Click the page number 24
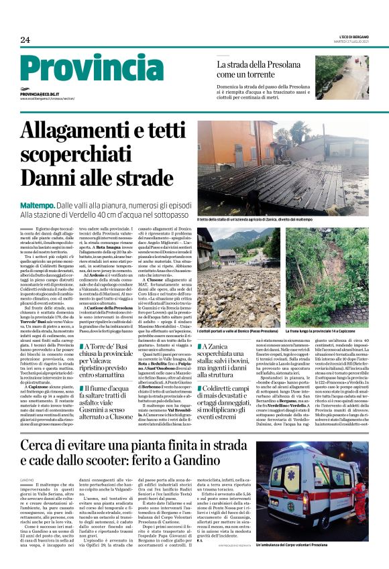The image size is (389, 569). pos(25,40)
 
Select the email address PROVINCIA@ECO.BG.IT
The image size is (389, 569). pos(40,95)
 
